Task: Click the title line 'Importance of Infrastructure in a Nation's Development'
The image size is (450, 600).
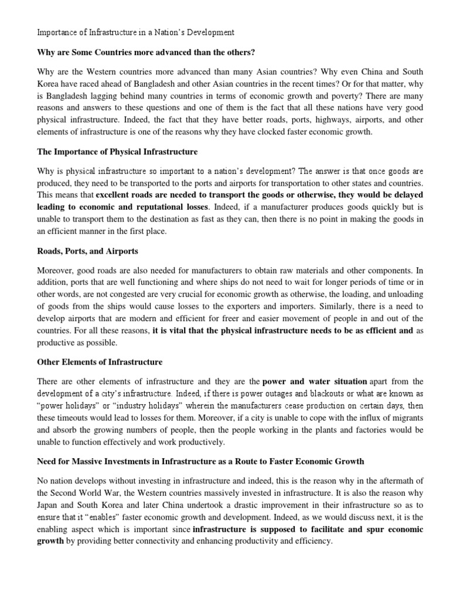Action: click(135, 32)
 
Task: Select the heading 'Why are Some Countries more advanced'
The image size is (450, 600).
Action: click(146, 53)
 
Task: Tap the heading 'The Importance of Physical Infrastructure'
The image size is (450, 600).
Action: click(117, 152)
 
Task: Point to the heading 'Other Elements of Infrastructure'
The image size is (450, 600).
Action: click(100, 362)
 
